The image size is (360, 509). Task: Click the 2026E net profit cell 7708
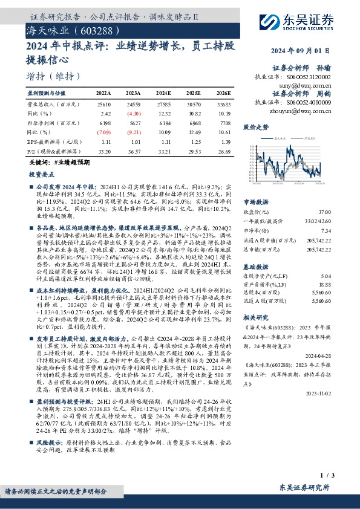(x=223, y=122)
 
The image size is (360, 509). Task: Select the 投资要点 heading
(x=42, y=173)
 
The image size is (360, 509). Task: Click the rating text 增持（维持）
(x=53, y=76)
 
